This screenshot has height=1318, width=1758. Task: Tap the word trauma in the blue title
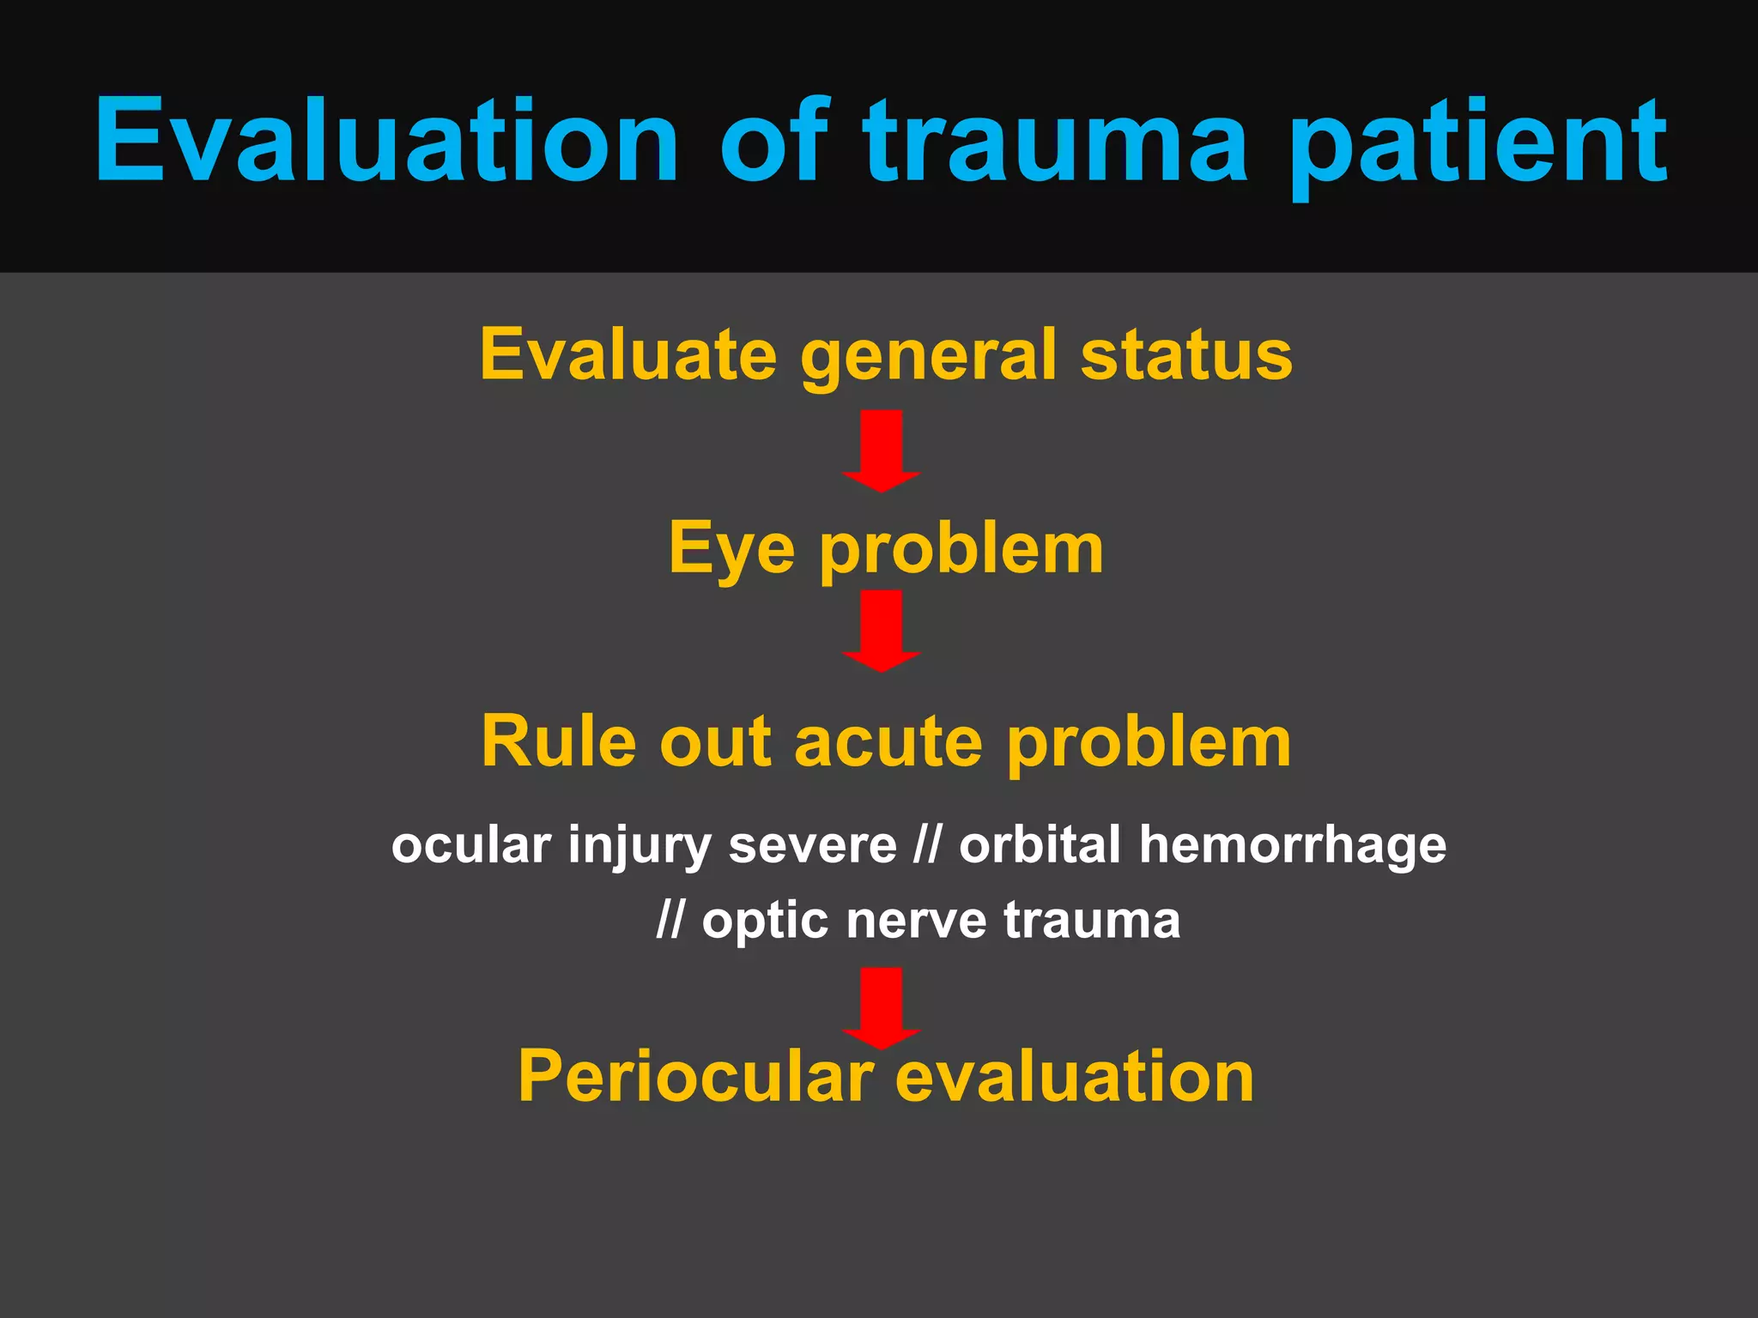[x=1056, y=142]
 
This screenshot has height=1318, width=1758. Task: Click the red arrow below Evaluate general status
[x=882, y=450]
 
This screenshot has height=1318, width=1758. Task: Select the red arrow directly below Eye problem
[x=882, y=630]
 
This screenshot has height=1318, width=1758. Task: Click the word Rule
[x=558, y=741]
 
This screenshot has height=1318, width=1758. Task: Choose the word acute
[x=888, y=741]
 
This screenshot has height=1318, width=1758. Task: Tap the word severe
[x=812, y=845]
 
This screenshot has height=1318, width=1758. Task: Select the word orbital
[x=1040, y=844]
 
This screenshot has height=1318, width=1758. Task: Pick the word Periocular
[x=695, y=1076]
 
